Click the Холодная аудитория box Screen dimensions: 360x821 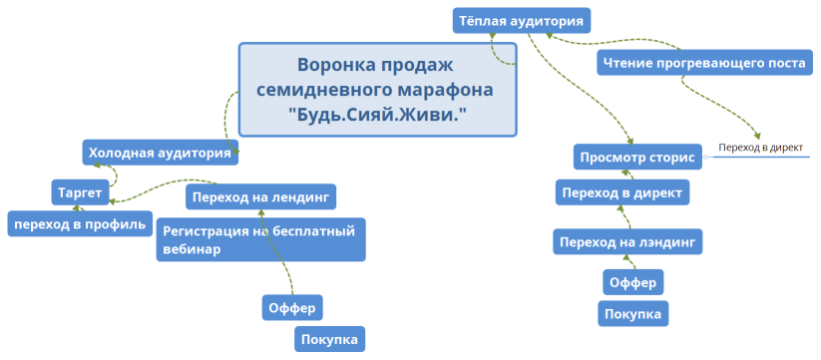click(x=161, y=153)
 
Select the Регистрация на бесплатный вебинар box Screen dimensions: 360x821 click(x=260, y=239)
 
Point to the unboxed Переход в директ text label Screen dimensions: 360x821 click(x=761, y=149)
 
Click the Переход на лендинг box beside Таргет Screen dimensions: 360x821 click(x=260, y=195)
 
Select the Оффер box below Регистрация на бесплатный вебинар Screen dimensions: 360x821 click(x=292, y=307)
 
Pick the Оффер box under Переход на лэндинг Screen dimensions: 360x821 click(x=632, y=283)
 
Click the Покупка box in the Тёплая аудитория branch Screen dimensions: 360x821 click(x=632, y=314)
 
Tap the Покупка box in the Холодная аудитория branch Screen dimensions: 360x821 click(x=329, y=340)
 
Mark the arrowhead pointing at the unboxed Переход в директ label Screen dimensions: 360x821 click(x=758, y=138)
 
